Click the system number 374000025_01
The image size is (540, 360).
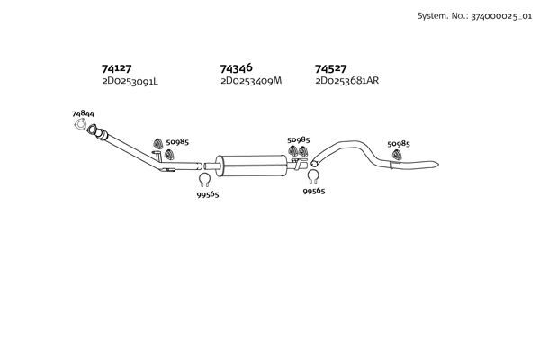click(x=497, y=16)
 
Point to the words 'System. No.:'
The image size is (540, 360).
click(x=440, y=16)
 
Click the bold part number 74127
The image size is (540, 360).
click(x=117, y=68)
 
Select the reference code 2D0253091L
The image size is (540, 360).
click(x=130, y=81)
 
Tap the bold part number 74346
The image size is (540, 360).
click(x=236, y=68)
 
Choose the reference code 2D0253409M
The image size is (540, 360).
click(x=251, y=81)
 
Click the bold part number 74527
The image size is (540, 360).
click(x=331, y=68)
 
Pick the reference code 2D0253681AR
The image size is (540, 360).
click(x=347, y=81)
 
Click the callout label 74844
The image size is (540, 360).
click(x=83, y=114)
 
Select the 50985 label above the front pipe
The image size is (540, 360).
click(x=177, y=142)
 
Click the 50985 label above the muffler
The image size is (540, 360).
click(x=298, y=139)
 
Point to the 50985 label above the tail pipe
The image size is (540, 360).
click(x=398, y=144)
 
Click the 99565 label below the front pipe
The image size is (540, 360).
click(x=208, y=194)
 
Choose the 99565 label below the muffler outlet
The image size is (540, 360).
click(x=314, y=191)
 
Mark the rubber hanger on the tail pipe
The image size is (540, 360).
click(x=397, y=159)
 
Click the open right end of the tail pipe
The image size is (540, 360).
click(x=436, y=163)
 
